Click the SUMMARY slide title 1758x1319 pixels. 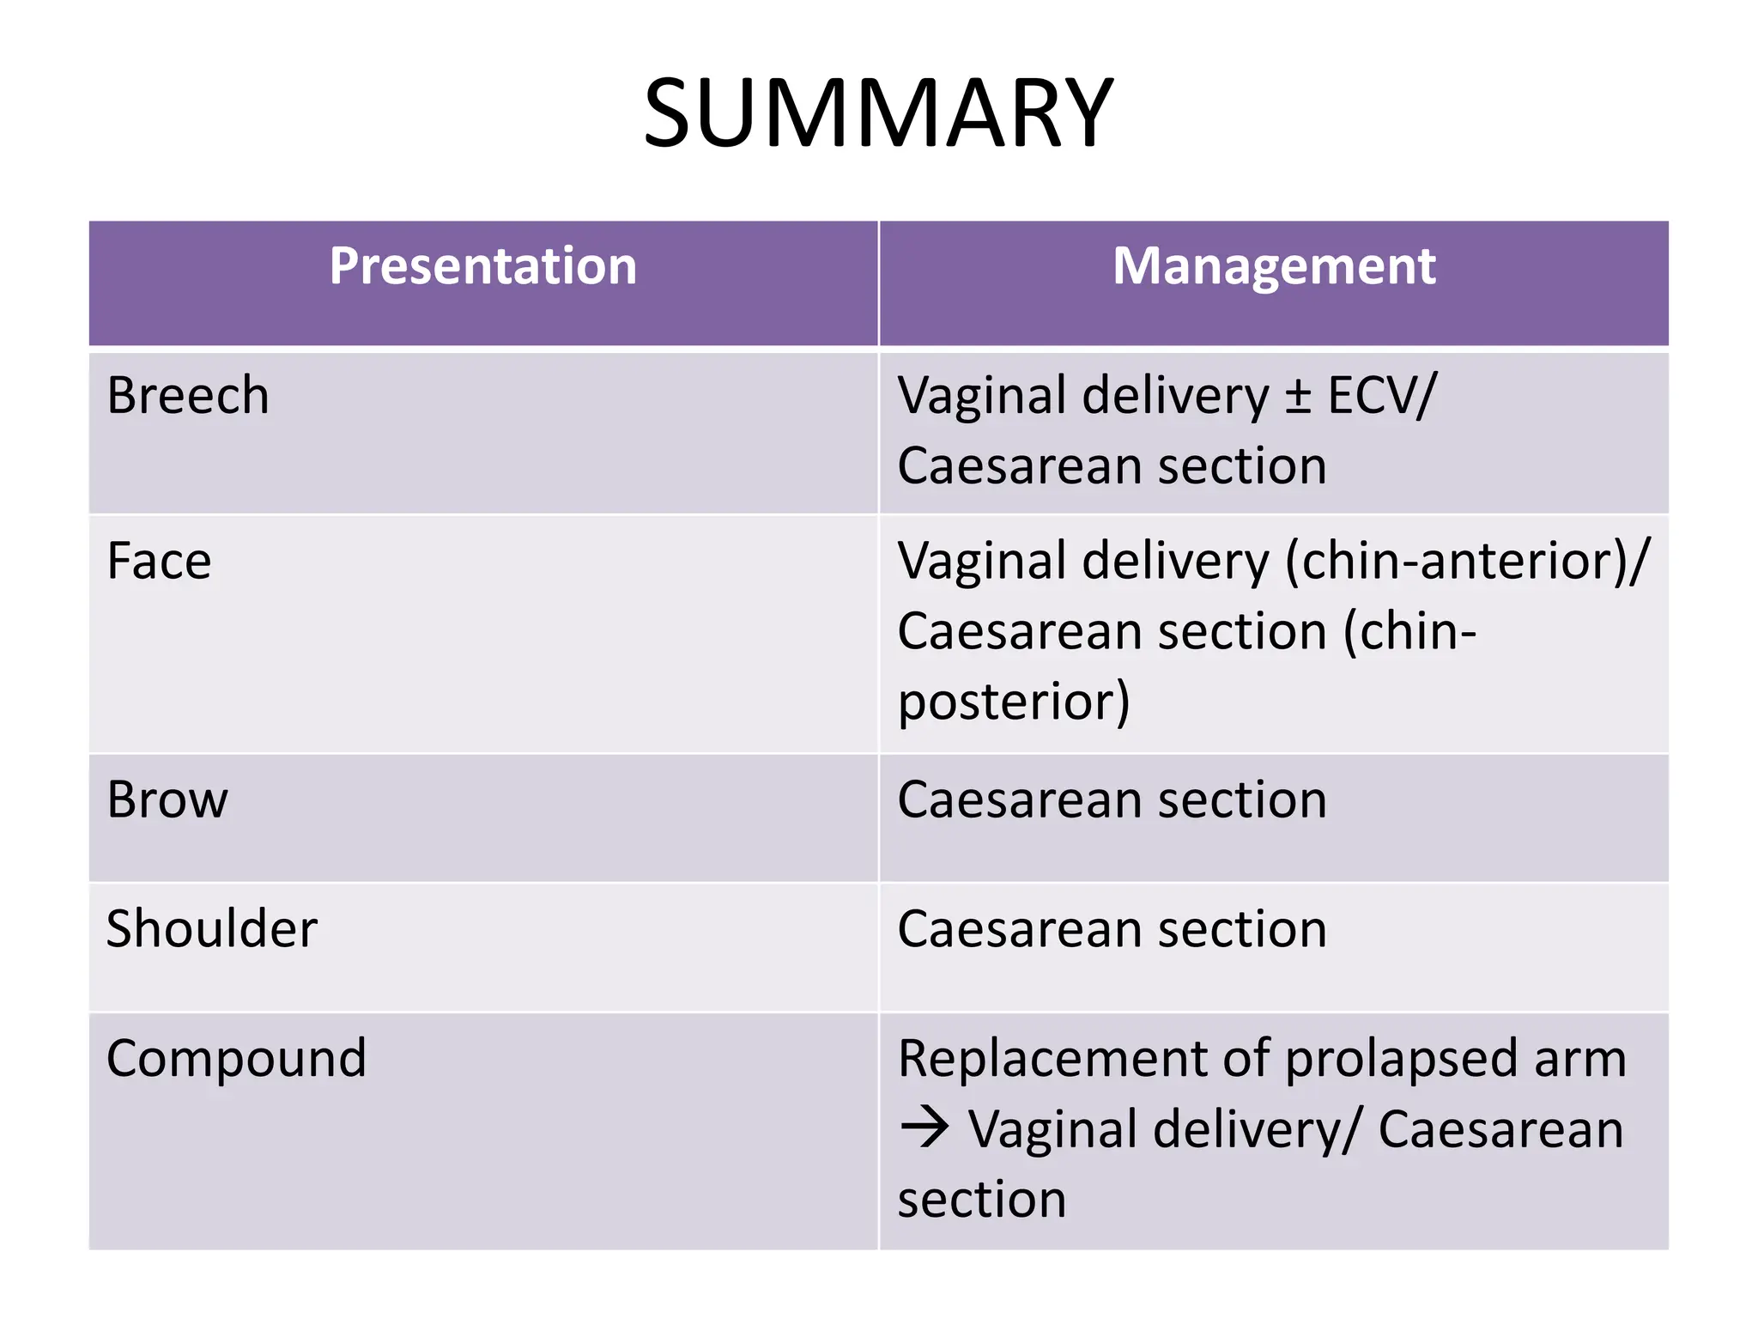[x=878, y=114]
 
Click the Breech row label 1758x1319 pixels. [x=188, y=396]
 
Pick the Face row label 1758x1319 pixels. [x=159, y=562]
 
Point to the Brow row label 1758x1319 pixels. [x=167, y=800]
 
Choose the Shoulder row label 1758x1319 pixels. [x=212, y=929]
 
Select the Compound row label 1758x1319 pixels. [x=236, y=1058]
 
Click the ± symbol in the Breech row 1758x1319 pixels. [x=1297, y=398]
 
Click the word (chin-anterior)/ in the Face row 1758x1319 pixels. [x=1467, y=562]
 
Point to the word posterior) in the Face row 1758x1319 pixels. [x=1014, y=702]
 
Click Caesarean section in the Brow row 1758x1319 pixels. [x=1112, y=800]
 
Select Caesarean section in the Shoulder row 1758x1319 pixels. [x=1112, y=929]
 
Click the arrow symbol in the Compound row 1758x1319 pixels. [x=924, y=1128]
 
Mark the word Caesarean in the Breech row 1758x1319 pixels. [x=1020, y=466]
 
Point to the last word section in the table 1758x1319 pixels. [x=982, y=1200]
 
